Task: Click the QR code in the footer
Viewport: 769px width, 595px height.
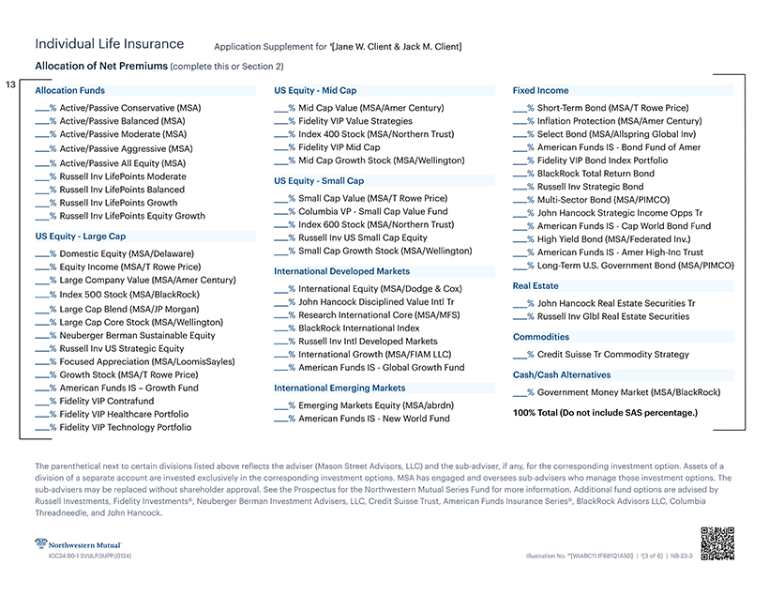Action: [716, 543]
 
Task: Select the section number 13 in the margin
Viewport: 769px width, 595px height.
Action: [11, 85]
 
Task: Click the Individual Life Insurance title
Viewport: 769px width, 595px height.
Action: [109, 44]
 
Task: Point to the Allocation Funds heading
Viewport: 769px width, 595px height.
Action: [70, 91]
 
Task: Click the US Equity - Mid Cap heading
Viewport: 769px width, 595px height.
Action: [315, 91]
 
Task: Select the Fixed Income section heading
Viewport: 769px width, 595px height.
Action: [540, 91]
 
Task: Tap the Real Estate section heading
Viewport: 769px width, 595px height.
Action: [535, 285]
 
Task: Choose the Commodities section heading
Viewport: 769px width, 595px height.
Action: [541, 337]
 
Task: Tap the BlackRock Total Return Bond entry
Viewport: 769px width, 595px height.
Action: [596, 174]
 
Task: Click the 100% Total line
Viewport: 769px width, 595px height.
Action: [605, 413]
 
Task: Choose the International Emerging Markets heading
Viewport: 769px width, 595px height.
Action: [339, 388]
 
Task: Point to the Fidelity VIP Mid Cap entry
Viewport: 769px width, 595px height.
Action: [339, 147]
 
